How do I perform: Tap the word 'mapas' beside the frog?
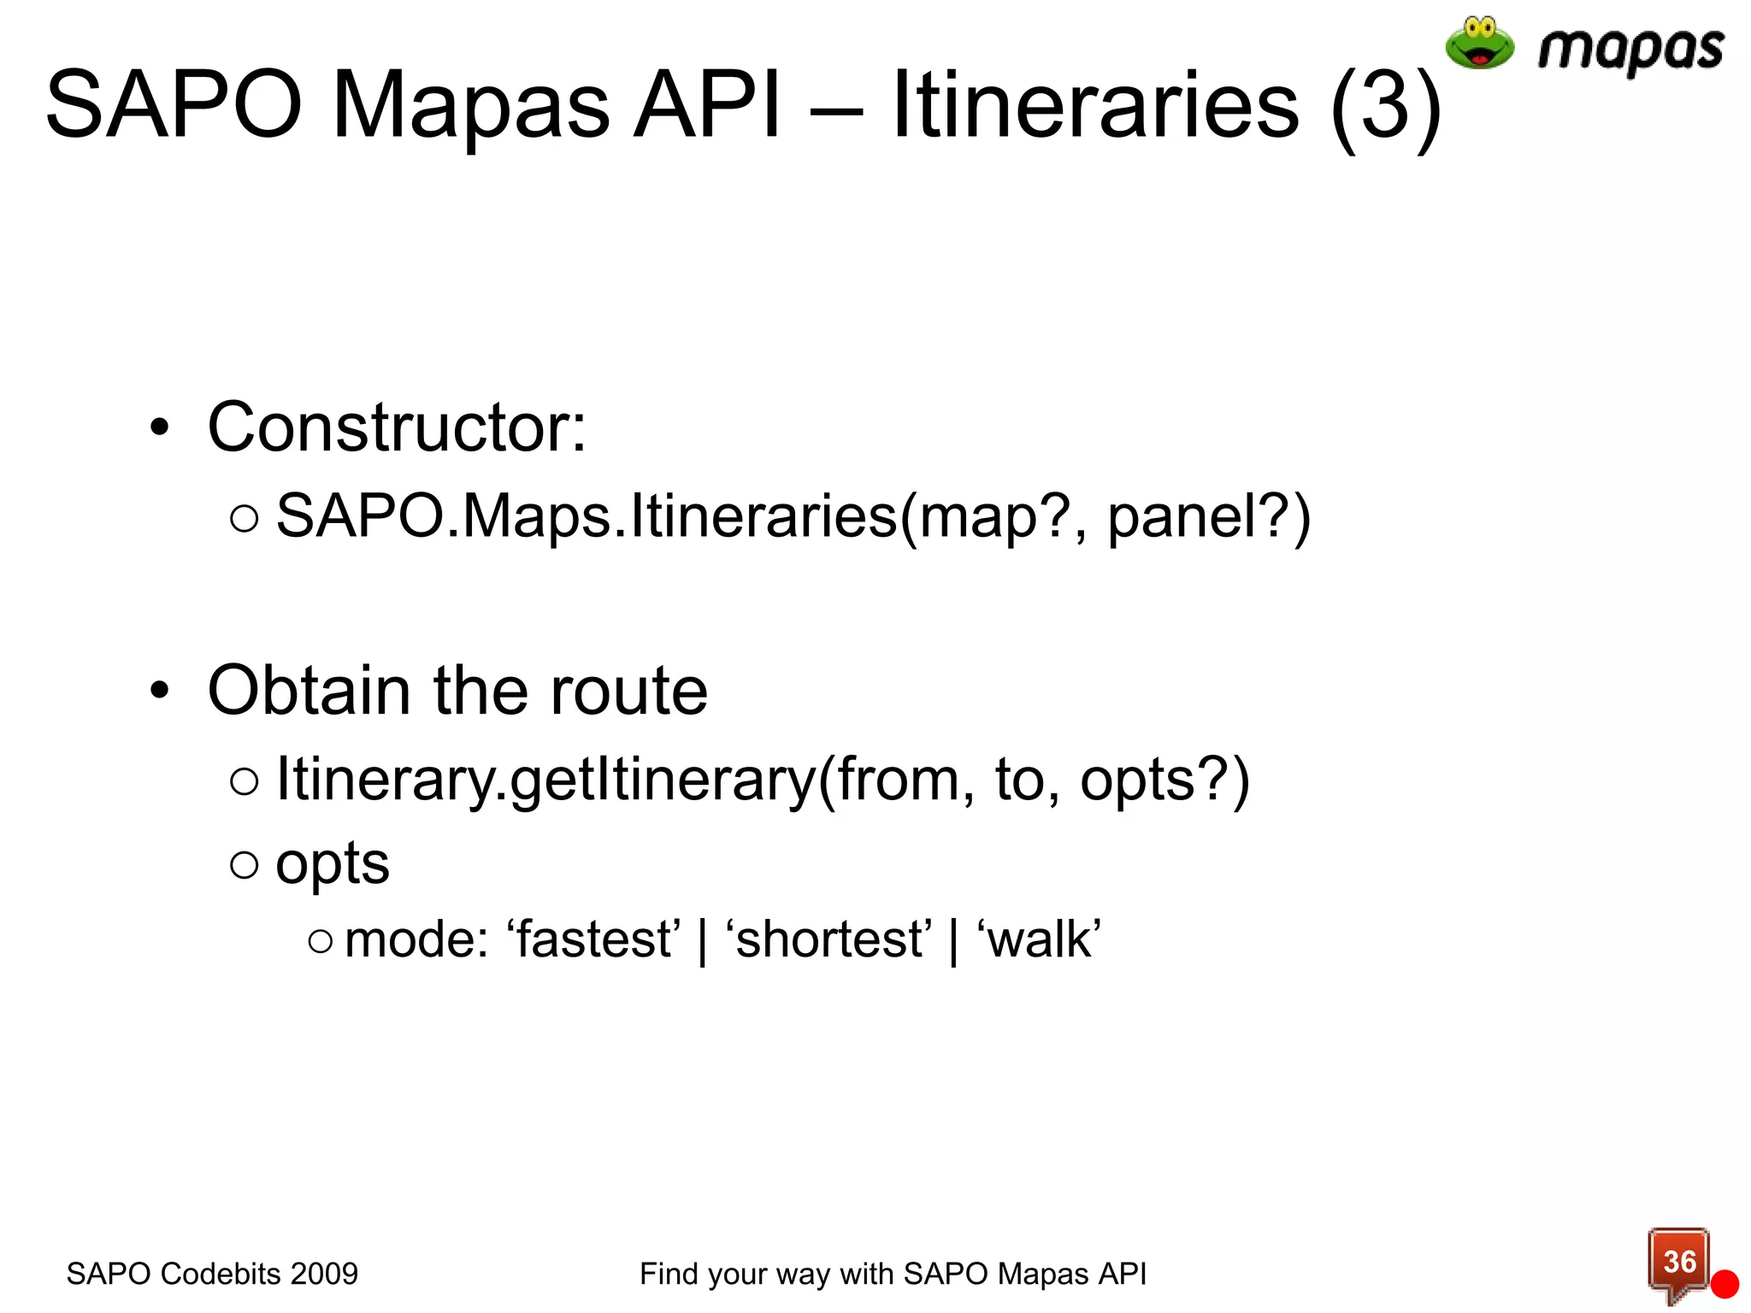coord(1630,50)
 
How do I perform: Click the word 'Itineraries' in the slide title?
coord(1095,106)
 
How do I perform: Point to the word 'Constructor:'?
coord(397,427)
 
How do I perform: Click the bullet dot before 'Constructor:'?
coord(160,427)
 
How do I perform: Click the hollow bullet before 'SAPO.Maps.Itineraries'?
coord(245,518)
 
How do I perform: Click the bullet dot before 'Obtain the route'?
coord(160,690)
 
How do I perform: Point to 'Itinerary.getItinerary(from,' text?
coord(625,780)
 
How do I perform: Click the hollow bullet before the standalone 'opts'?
coord(245,865)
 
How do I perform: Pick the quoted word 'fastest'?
coord(594,939)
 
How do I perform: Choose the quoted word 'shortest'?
coord(828,939)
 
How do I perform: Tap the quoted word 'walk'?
coord(1039,939)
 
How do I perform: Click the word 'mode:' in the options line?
coord(416,939)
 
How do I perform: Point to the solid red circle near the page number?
coord(1724,1284)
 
